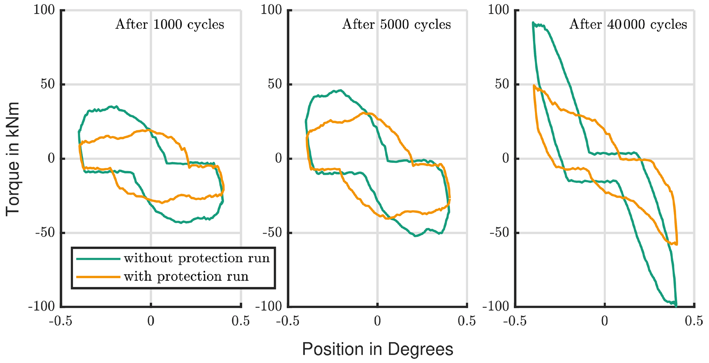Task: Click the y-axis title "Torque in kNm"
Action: point(12,159)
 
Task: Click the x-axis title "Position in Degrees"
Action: point(377,349)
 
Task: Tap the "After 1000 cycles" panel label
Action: point(169,25)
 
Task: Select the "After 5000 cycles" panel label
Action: point(397,25)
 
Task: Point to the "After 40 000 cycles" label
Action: point(628,25)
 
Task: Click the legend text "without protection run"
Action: point(197,258)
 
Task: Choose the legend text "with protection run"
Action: point(186,277)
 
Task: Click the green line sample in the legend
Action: point(98,259)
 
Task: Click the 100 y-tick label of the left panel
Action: point(44,10)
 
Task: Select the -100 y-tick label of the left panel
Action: point(41,306)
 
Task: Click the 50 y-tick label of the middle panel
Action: point(275,84)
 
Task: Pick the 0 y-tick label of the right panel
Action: point(506,159)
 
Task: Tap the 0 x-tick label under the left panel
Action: point(151,321)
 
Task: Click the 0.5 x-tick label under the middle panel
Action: point(467,321)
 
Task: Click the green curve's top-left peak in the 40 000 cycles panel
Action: point(533,23)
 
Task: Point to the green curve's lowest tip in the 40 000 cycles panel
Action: point(676,306)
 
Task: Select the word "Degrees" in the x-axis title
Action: point(421,349)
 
